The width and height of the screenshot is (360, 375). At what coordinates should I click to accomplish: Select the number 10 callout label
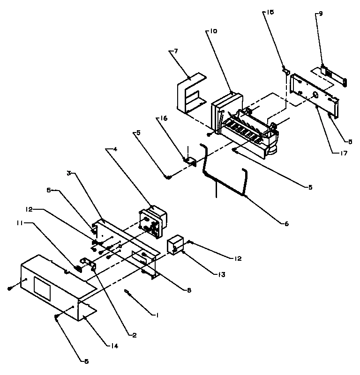coord(213,32)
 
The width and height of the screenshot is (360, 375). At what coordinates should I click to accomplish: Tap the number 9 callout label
coord(321,14)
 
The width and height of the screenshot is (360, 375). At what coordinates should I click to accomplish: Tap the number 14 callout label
coord(113,346)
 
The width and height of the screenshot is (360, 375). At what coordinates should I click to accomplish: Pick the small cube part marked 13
coord(176,244)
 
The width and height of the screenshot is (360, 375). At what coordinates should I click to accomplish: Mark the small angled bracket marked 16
coord(190,160)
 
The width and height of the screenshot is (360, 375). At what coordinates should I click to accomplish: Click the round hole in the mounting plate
coord(315,95)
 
